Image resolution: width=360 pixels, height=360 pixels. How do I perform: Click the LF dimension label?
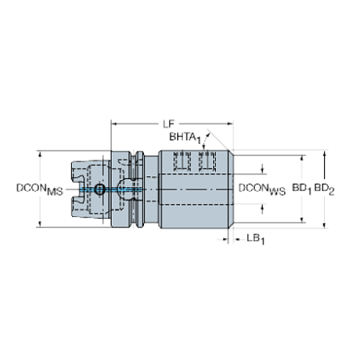pos(168,124)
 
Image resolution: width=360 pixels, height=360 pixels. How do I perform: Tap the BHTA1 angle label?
pos(185,138)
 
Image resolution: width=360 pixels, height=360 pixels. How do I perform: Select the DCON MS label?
pos(40,190)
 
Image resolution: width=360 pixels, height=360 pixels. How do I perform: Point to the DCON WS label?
pos(262,190)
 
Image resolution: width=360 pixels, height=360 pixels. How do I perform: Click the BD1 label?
pos(302,189)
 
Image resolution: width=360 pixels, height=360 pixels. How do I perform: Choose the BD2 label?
pos(324,189)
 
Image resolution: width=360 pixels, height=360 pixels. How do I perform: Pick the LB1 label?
pos(256,239)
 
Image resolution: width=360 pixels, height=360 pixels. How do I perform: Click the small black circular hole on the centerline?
pos(100,189)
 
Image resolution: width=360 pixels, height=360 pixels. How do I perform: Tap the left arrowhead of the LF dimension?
pos(115,124)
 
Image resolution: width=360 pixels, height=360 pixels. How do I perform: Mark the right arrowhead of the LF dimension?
pos(230,124)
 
